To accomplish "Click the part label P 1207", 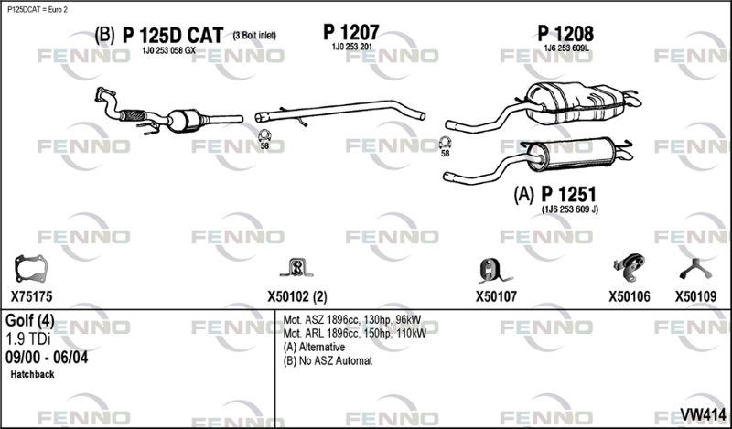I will tap(350, 31).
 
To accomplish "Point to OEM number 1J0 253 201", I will tap(350, 47).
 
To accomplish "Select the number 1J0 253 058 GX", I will tap(168, 50).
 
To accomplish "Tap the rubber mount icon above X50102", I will tap(296, 268).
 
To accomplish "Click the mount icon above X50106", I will tap(625, 267).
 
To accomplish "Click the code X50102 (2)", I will tap(296, 296).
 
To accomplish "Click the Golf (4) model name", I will tap(29, 321).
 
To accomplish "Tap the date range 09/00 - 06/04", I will tap(47, 358).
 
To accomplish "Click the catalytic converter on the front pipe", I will tap(193, 120).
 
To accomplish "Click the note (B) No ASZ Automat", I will tap(328, 361).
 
